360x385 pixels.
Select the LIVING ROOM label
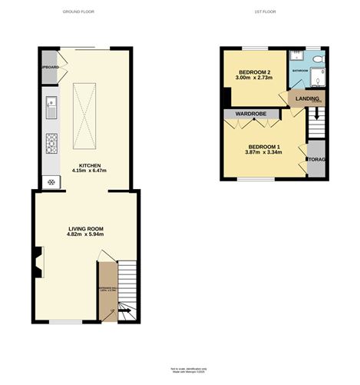pyautogui.click(x=85, y=229)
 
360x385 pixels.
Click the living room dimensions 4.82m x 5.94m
pyautogui.click(x=85, y=236)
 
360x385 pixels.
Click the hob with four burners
pyautogui.click(x=52, y=143)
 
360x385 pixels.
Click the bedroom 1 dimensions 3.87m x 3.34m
pyautogui.click(x=264, y=152)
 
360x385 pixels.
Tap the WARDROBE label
pyautogui.click(x=251, y=114)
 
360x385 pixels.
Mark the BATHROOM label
pyautogui.click(x=299, y=71)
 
